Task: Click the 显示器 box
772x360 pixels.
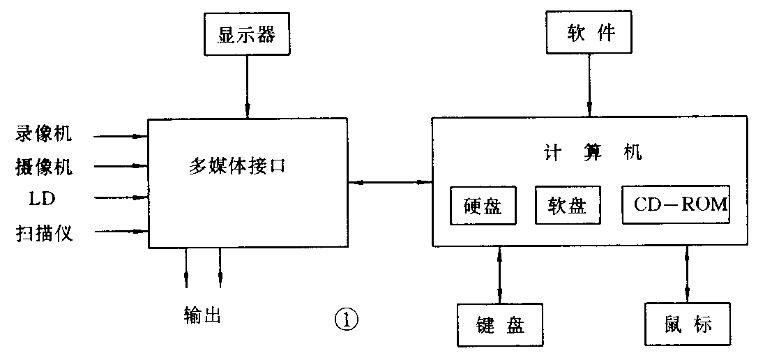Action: click(246, 35)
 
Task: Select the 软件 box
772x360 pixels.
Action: click(590, 33)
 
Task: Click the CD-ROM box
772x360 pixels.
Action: click(676, 204)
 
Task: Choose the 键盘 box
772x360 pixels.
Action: click(500, 325)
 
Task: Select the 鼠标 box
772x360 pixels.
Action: click(688, 325)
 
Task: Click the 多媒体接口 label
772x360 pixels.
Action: click(237, 167)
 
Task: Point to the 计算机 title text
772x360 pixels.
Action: click(592, 153)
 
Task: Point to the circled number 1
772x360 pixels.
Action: click(347, 320)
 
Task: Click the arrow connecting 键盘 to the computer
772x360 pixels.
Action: click(500, 275)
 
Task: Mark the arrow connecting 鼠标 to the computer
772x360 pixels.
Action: click(688, 275)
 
